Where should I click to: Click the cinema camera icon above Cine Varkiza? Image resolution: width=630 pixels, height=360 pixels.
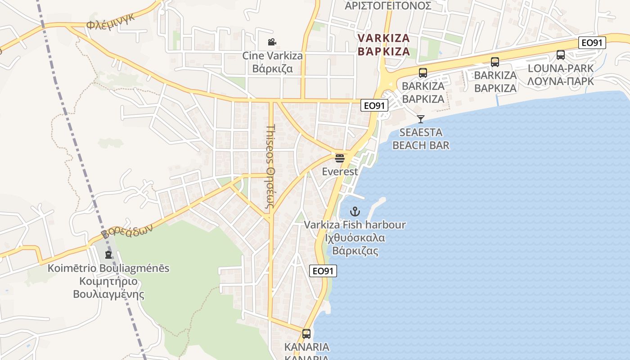pyautogui.click(x=272, y=42)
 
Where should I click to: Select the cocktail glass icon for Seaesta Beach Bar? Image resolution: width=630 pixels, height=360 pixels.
pyautogui.click(x=421, y=119)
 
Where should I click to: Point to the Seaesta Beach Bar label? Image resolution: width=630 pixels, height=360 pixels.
pyautogui.click(x=421, y=139)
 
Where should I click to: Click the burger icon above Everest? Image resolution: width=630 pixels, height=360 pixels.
pyautogui.click(x=340, y=158)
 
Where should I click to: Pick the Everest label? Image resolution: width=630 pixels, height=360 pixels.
pyautogui.click(x=340, y=171)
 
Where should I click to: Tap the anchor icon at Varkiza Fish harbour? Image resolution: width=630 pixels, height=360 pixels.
pyautogui.click(x=355, y=211)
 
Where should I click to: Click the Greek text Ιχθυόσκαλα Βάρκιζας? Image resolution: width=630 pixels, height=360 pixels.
pyautogui.click(x=355, y=244)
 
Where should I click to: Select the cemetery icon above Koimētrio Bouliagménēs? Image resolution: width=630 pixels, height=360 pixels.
pyautogui.click(x=108, y=255)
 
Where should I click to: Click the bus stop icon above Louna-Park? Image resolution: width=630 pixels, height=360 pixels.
pyautogui.click(x=560, y=55)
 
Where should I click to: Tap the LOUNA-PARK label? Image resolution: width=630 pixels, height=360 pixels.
pyautogui.click(x=560, y=68)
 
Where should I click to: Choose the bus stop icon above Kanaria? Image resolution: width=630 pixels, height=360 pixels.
pyautogui.click(x=306, y=334)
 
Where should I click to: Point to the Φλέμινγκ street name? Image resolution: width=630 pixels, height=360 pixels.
pyautogui.click(x=110, y=21)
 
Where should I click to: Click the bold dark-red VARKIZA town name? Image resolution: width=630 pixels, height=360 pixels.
pyautogui.click(x=384, y=38)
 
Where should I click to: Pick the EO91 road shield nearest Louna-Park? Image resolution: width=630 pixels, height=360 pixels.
pyautogui.click(x=592, y=43)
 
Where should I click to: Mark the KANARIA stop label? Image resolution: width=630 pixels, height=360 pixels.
pyautogui.click(x=306, y=347)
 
